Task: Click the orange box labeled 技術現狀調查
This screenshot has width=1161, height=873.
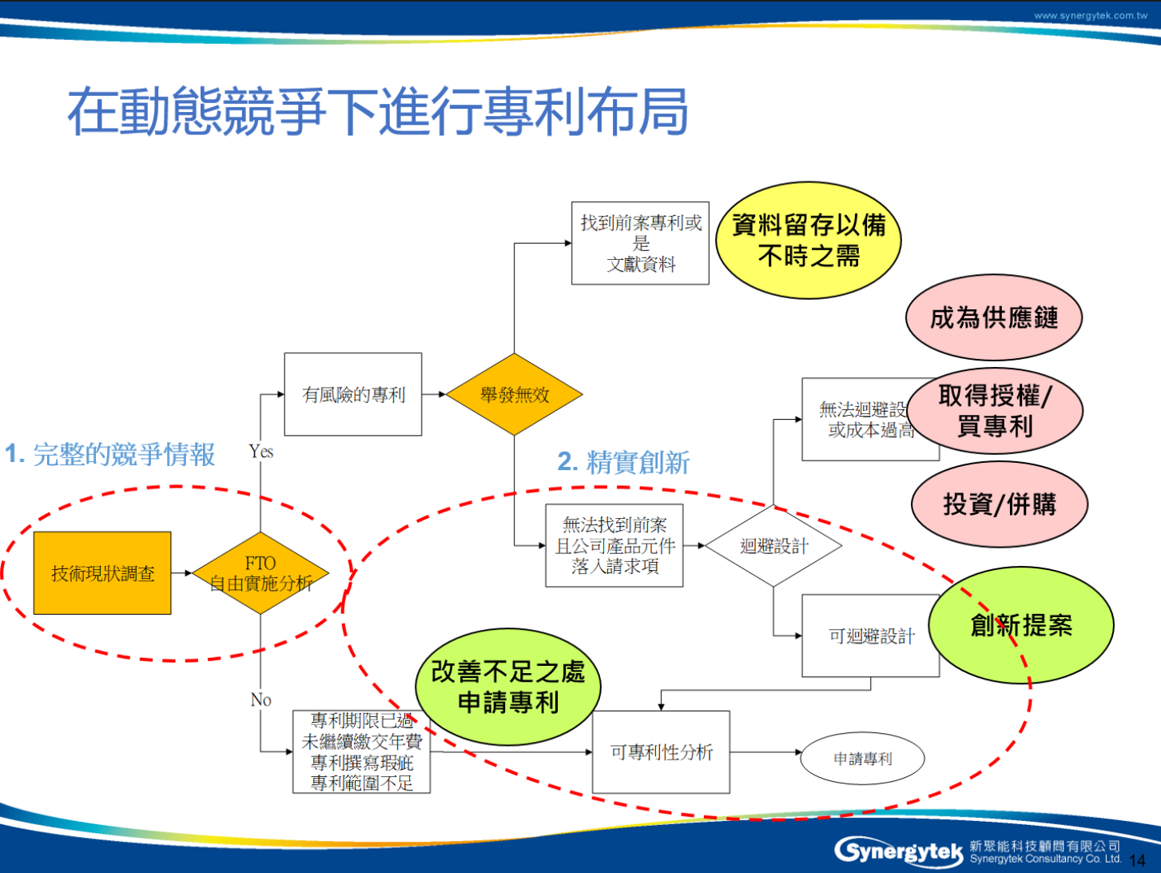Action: (102, 572)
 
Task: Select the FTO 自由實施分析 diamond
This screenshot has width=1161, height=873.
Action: (260, 573)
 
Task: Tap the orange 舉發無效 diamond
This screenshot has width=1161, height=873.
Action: (514, 394)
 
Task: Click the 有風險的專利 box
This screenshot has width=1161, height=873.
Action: (352, 394)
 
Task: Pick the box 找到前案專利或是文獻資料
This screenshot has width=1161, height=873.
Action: (640, 243)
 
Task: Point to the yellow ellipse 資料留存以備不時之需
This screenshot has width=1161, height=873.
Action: (808, 241)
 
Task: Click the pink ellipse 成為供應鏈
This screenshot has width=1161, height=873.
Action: (993, 317)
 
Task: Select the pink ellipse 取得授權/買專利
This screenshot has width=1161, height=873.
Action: (995, 411)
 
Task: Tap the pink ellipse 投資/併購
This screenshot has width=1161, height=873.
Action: (999, 504)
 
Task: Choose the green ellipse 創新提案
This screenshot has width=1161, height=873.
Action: (1020, 624)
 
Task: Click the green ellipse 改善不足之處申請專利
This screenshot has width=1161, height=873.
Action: (507, 687)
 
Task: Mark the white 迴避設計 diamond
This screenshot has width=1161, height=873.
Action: (773, 546)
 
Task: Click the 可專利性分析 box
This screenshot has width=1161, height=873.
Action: (661, 751)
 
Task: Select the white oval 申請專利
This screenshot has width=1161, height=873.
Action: (862, 758)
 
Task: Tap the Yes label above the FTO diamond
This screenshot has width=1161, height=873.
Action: (260, 452)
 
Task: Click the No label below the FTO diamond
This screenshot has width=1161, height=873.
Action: (260, 700)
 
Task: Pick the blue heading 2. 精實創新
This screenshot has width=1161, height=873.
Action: (623, 462)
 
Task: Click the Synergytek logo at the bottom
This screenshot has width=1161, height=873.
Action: (898, 851)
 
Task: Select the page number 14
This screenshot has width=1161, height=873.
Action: (1136, 860)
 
